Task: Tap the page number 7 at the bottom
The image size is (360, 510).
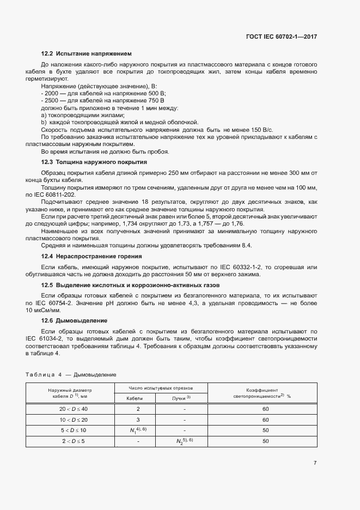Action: (x=315, y=463)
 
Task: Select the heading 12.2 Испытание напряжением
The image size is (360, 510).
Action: (x=87, y=53)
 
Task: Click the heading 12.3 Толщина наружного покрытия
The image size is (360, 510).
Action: (x=94, y=162)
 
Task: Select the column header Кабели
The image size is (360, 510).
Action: (x=135, y=398)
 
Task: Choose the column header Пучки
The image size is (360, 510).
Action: (x=182, y=398)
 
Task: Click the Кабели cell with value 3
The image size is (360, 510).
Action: (x=138, y=420)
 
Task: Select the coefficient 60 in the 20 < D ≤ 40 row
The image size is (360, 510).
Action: (x=266, y=409)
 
